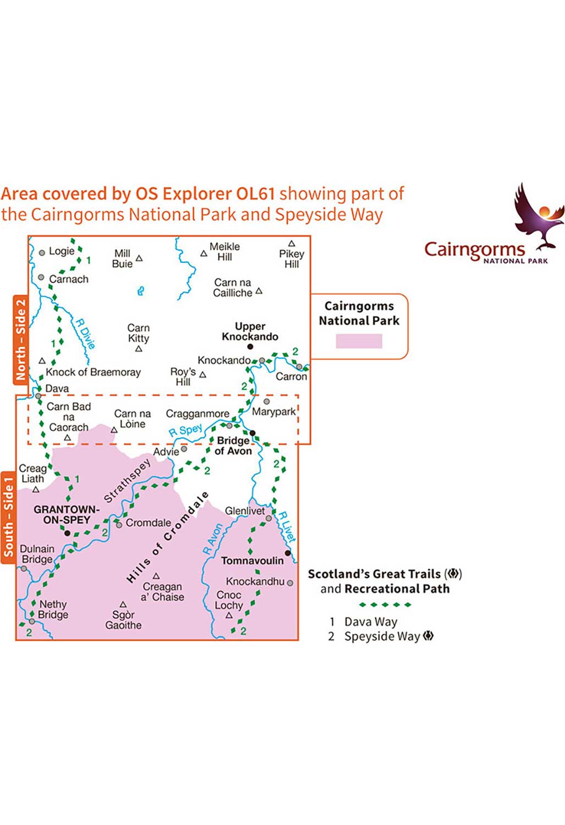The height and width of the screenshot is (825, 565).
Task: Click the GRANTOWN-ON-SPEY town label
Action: click(67, 514)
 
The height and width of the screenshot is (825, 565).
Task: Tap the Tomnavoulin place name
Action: click(253, 560)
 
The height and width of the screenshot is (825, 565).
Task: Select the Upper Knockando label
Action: click(250, 332)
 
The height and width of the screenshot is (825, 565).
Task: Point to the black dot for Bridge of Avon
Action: click(253, 433)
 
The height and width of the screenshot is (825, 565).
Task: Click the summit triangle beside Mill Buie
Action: click(139, 258)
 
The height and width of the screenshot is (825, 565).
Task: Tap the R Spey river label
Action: click(185, 430)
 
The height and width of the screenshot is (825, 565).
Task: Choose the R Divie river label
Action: click(85, 334)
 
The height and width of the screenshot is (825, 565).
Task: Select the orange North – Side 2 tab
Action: click(20, 339)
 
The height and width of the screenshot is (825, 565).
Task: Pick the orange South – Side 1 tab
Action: click(8, 518)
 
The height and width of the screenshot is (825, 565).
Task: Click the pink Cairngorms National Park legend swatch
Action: click(359, 341)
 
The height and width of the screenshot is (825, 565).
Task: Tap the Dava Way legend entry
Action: click(364, 621)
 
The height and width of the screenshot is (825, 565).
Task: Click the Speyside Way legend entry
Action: click(381, 636)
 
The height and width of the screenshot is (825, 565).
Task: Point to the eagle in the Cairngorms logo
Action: click(539, 216)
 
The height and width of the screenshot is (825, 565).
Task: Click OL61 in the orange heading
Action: click(255, 194)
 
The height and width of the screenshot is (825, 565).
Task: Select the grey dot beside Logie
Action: click(42, 252)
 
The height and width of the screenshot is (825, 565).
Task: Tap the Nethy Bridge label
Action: click(53, 609)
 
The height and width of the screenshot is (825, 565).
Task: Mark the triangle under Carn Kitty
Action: click(139, 348)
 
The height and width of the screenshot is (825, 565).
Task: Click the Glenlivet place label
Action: click(245, 511)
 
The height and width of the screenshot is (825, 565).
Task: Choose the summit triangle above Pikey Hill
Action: click(292, 244)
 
